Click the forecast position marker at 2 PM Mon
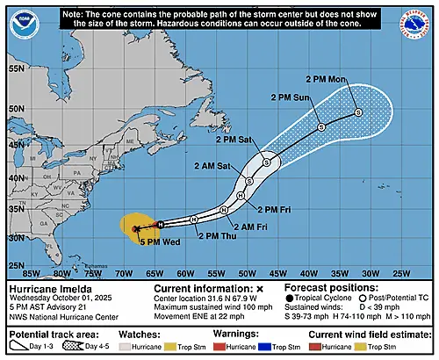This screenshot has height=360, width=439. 358,112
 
